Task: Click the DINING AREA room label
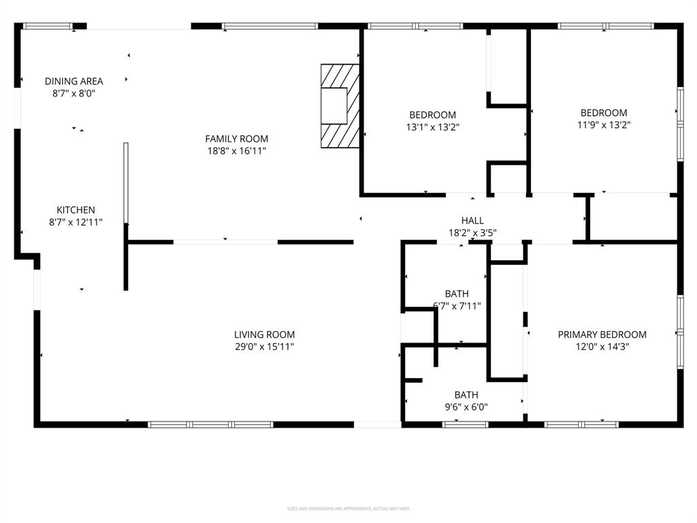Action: coord(74,81)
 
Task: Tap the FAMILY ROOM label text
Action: coord(237,139)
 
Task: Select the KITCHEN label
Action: coord(76,210)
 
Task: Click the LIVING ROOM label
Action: coord(264,334)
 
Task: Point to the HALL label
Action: coord(472,221)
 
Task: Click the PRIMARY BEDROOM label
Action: coord(602,334)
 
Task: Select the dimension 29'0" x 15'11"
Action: coord(264,347)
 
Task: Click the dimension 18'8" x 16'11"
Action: coord(237,151)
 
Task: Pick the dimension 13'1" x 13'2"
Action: coord(432,127)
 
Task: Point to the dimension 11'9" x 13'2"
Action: coord(604,125)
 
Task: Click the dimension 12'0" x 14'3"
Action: coord(602,347)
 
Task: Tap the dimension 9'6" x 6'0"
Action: coord(466,407)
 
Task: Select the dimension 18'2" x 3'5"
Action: coord(472,233)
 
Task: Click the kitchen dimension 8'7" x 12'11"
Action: coord(76,222)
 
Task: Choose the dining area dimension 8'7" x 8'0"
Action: coord(74,93)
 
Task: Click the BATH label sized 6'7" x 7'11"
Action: coord(457,294)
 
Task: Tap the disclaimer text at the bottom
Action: coord(348,509)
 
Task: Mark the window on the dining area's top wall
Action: coord(48,27)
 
